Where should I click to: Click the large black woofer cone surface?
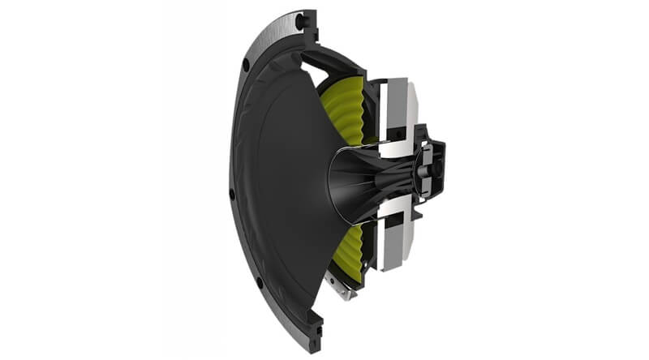[276, 178]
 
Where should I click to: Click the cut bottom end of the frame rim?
[313, 341]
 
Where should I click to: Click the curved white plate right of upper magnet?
[413, 101]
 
